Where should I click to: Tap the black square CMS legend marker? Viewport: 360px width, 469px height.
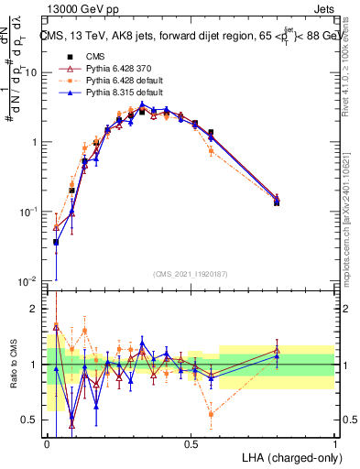click(66, 55)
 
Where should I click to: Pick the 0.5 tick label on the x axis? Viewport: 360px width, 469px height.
click(191, 443)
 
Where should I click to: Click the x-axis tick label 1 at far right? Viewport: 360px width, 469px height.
click(334, 443)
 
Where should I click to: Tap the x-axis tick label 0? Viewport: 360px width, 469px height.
click(47, 443)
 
